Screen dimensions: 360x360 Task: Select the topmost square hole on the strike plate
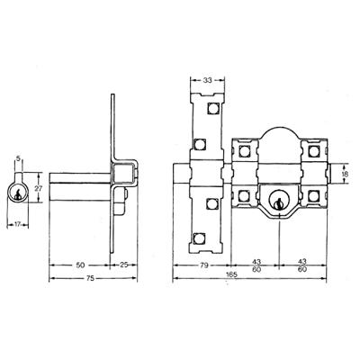coord(212,111)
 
